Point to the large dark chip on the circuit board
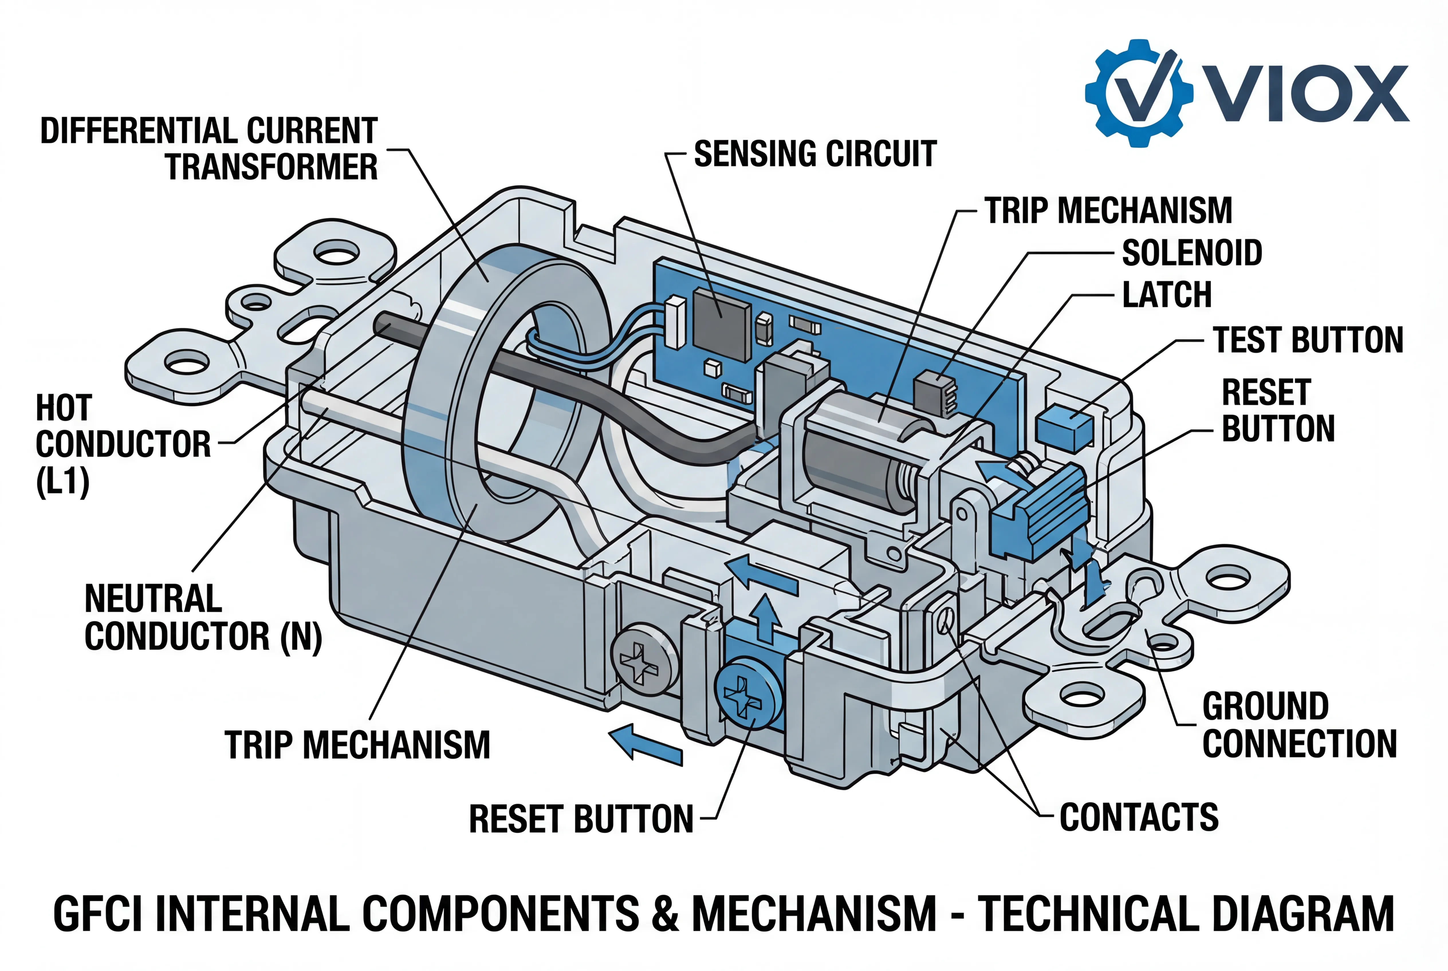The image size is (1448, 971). click(x=722, y=325)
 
